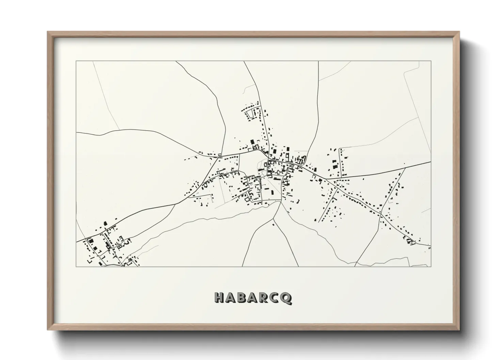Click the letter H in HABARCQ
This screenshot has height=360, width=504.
pos(220,298)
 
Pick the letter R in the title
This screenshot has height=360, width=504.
pos(265,298)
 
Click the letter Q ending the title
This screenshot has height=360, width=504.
pos(287,298)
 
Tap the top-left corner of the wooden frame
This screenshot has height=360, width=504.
pos(48,32)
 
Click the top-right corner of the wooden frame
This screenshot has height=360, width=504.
pos(459,32)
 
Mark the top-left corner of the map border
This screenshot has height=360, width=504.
pos(76,61)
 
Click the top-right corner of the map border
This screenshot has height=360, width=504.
pos(431,61)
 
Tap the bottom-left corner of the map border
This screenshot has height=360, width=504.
pos(76,266)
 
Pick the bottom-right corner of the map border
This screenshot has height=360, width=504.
pos(431,266)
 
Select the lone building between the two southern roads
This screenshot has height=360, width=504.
pos(273,224)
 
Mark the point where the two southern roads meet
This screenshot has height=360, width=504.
pos(280,201)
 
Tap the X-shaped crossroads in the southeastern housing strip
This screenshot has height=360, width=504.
pos(382,215)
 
